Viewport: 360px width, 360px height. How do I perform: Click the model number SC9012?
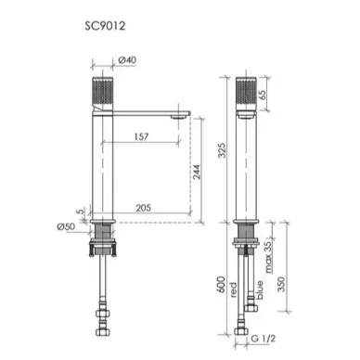pos(105,26)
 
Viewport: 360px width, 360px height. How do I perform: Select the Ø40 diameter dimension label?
pos(127,59)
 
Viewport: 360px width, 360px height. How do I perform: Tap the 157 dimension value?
pos(141,136)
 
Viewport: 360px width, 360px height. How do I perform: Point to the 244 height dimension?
pos(197,172)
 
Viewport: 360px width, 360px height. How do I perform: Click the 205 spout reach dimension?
pos(144,208)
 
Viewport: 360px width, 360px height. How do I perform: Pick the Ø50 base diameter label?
pos(66,226)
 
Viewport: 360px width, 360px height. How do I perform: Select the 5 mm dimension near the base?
pos(80,212)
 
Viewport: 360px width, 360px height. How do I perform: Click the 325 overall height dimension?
pos(222,150)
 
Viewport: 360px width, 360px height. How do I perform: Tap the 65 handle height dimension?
pos(262,95)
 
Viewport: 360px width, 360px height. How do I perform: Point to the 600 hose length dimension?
pos(222,285)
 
